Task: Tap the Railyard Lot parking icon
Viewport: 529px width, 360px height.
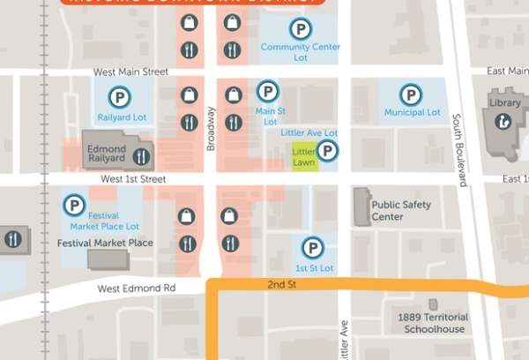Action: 117,97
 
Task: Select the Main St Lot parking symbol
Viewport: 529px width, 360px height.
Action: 268,91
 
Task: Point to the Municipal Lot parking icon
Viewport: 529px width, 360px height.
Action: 410,94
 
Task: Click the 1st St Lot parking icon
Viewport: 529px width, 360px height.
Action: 312,248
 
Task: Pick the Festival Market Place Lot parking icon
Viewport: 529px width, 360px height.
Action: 74,206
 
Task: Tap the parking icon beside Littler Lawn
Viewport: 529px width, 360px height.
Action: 327,152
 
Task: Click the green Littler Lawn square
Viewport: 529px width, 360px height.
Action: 304,156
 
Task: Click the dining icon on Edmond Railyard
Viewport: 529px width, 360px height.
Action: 141,157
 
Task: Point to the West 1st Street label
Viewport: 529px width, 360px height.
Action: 134,179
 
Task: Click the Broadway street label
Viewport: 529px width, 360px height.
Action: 211,129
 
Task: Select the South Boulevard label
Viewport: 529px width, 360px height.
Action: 458,150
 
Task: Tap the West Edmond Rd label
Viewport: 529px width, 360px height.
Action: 136,289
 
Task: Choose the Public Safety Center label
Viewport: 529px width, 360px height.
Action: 399,210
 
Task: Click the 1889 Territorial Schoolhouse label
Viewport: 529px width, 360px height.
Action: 435,323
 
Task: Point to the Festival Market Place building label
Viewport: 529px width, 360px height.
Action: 105,243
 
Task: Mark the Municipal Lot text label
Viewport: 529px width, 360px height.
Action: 412,113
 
